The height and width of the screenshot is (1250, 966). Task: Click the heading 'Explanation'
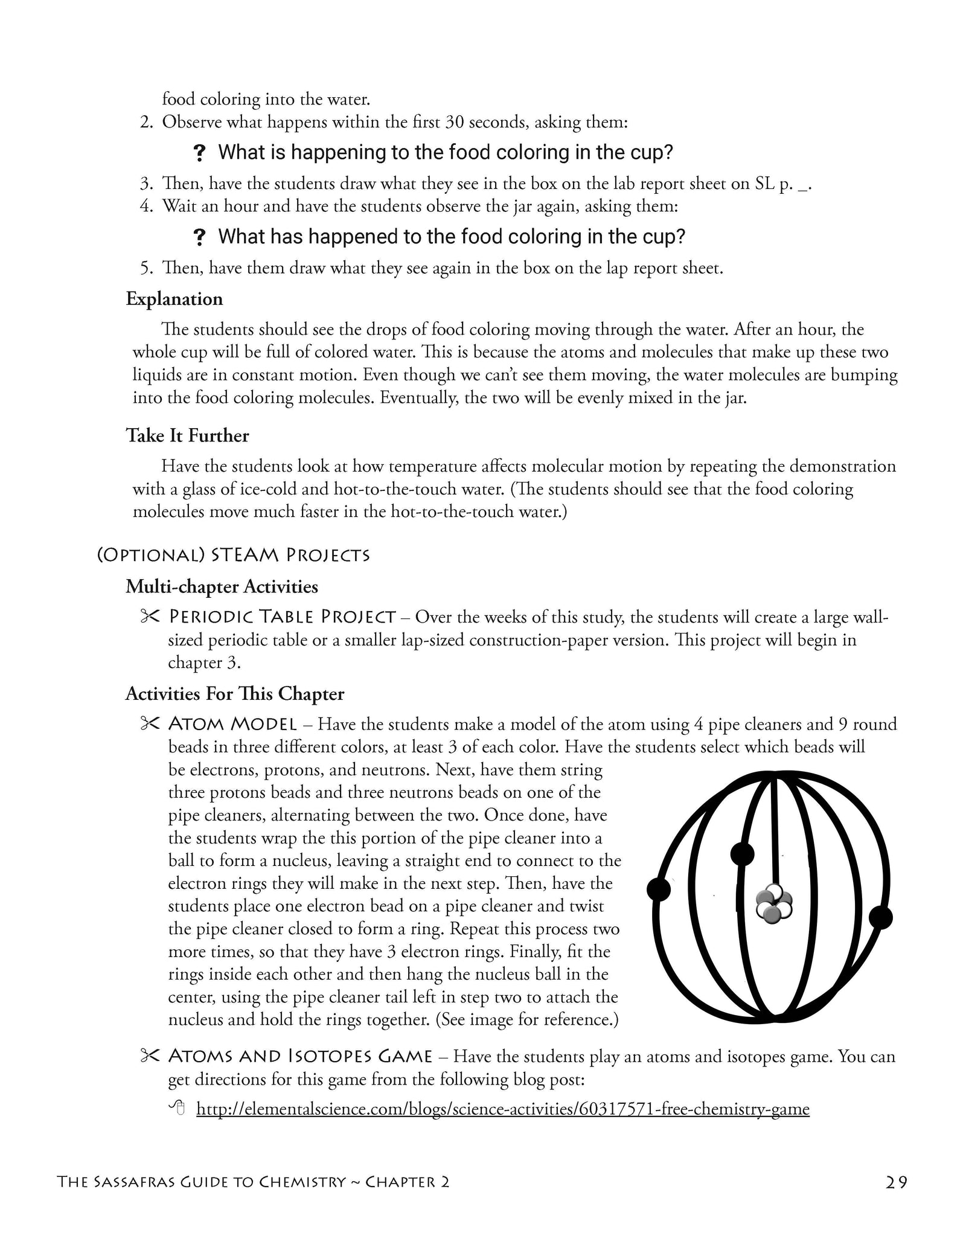click(174, 299)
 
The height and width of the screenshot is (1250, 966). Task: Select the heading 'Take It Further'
click(187, 435)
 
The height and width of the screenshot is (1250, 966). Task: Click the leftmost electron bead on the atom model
click(659, 889)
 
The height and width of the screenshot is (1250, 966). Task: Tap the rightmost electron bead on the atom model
click(880, 918)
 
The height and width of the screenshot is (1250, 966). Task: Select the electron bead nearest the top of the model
click(742, 854)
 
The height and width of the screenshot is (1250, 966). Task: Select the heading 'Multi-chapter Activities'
click(222, 586)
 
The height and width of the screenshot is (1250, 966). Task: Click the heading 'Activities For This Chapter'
click(234, 693)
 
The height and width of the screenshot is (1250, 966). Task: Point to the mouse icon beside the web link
click(176, 1107)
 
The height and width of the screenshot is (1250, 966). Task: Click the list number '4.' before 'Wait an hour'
click(147, 206)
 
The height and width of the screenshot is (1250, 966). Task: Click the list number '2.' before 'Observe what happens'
click(147, 123)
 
